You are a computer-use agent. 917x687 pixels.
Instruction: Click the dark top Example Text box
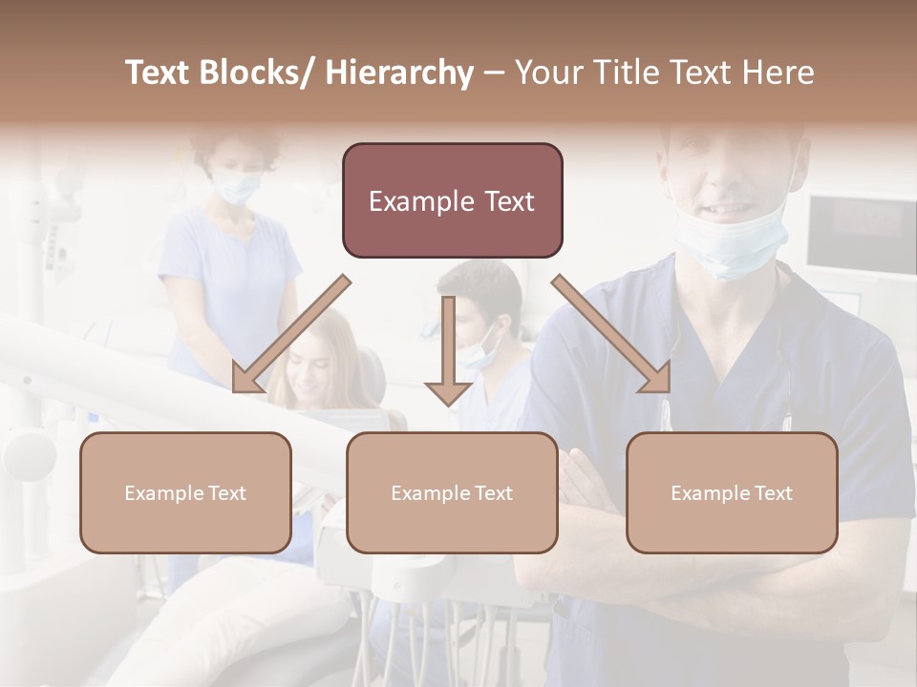click(x=452, y=200)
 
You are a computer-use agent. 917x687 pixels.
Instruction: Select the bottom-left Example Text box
click(x=185, y=492)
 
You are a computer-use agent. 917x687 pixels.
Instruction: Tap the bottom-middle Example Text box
click(x=452, y=492)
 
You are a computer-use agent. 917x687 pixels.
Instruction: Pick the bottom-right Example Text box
click(x=732, y=492)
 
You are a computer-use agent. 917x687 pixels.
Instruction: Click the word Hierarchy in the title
click(x=399, y=73)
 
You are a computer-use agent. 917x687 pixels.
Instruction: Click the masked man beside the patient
click(x=482, y=324)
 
